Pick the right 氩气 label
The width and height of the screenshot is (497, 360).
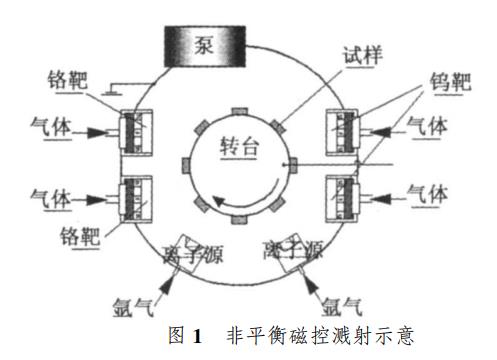click(337, 298)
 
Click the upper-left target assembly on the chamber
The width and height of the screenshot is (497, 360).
click(134, 130)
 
